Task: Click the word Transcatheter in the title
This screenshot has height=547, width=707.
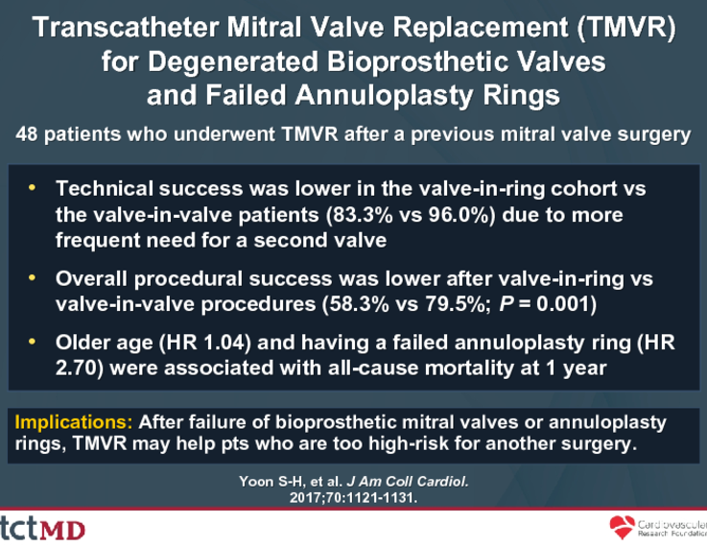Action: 126,28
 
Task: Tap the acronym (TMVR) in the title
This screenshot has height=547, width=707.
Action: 626,28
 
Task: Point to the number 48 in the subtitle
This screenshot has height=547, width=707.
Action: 27,134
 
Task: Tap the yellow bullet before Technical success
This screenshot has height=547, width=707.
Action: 32,187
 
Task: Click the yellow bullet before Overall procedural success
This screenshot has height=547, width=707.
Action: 32,277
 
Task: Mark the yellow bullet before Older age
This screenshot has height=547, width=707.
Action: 32,342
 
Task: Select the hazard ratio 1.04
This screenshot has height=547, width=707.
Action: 225,343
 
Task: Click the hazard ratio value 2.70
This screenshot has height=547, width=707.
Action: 75,368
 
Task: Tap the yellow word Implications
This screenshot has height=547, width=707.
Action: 74,422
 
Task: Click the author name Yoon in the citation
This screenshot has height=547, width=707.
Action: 256,482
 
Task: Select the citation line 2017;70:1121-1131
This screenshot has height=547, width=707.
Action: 353,497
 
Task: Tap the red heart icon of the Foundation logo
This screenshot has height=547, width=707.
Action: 622,527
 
